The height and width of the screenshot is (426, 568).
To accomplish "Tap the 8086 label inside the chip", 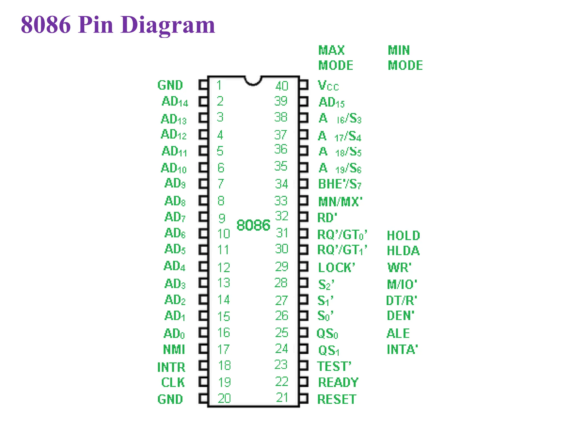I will (x=253, y=225).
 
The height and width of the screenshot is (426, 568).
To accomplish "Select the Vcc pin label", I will (x=328, y=85).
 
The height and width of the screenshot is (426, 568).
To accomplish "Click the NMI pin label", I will (x=174, y=349).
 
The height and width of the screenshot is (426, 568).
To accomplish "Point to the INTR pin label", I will (x=171, y=367).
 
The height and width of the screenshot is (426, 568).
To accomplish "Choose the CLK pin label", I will (x=173, y=382).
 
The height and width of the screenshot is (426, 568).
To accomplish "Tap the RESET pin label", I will (x=337, y=399).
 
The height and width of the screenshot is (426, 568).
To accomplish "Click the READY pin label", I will (x=338, y=382).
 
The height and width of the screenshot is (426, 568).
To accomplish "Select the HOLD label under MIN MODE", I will (x=404, y=236).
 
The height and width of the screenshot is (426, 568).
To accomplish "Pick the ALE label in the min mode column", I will (x=398, y=333).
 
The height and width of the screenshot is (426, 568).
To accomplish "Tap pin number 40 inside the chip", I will (x=282, y=86).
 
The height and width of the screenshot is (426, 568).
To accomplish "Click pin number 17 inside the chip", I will (x=224, y=349).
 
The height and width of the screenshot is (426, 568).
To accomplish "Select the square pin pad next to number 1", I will (x=203, y=85).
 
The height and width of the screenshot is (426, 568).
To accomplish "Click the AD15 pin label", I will (x=332, y=102).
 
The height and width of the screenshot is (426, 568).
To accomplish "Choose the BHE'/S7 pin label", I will (x=340, y=184).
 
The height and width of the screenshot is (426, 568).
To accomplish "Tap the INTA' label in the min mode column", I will (x=402, y=349).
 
